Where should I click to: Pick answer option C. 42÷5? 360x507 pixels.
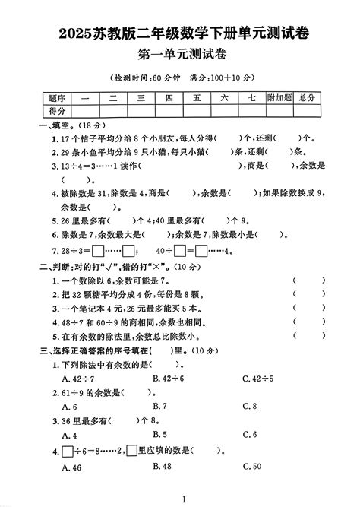click(x=257, y=378)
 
